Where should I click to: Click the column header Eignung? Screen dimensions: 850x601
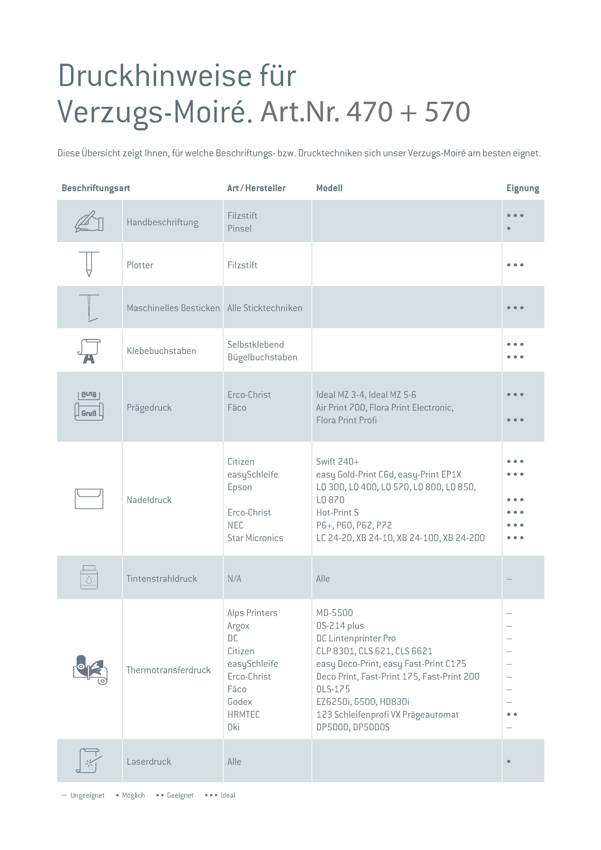click(x=522, y=188)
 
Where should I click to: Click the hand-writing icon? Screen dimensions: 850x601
click(x=89, y=221)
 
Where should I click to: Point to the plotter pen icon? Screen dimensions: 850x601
click(x=89, y=264)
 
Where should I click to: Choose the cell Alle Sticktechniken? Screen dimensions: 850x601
click(x=264, y=308)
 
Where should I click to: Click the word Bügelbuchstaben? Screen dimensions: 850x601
click(x=262, y=357)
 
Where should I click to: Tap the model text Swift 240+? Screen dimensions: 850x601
click(x=337, y=462)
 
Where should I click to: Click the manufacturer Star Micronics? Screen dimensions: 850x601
click(x=255, y=538)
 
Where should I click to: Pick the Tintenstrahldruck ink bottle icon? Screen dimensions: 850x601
click(x=89, y=577)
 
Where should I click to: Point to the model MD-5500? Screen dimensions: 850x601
click(x=334, y=613)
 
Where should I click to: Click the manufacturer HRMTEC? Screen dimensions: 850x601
click(x=243, y=715)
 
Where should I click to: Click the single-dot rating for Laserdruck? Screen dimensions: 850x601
click(x=509, y=762)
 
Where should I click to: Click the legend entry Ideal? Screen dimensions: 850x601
click(x=227, y=795)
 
